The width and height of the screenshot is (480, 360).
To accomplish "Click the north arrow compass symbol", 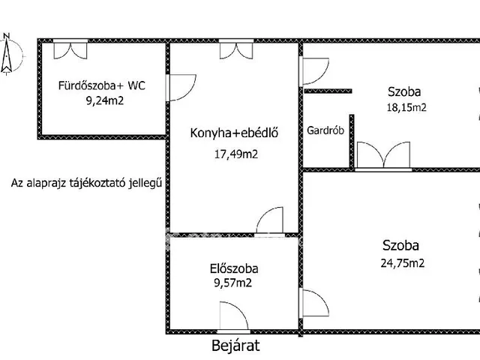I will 8,54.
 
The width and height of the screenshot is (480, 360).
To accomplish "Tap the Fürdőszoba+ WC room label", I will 102,85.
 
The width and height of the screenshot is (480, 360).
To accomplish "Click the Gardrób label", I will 325,130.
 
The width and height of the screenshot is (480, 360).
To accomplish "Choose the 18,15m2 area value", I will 406,106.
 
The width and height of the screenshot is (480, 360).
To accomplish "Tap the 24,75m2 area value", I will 401,262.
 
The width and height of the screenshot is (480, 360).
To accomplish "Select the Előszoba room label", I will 235,268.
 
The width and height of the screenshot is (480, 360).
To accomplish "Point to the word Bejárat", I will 235,346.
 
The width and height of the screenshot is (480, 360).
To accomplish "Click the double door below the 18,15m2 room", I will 382,156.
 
